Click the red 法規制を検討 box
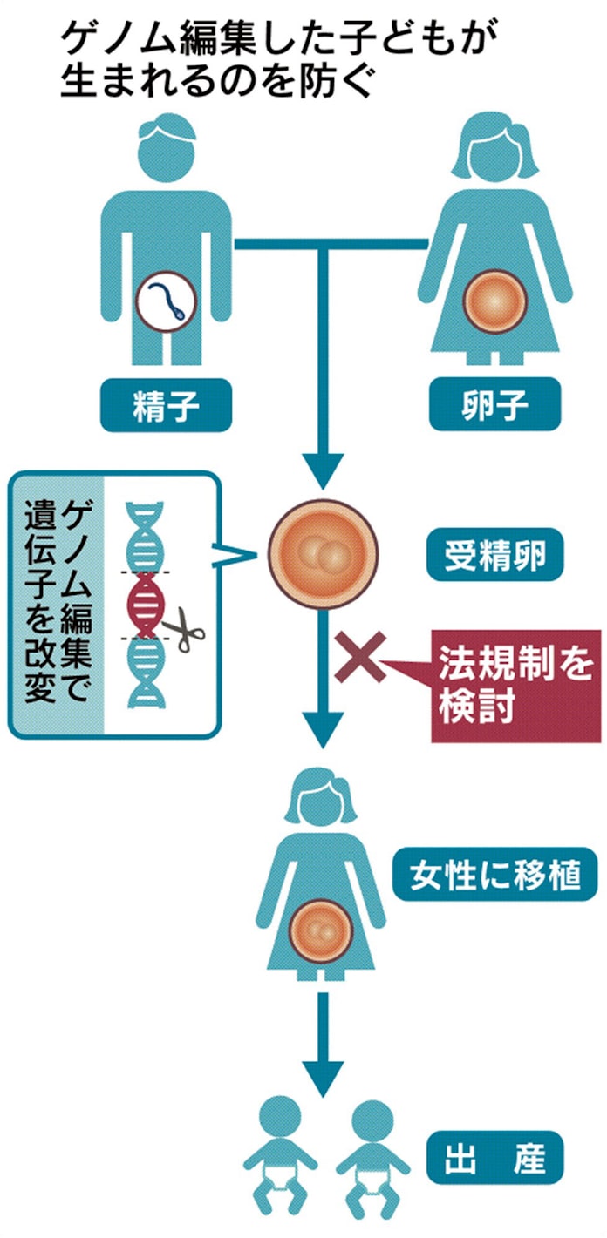pyautogui.click(x=516, y=684)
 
